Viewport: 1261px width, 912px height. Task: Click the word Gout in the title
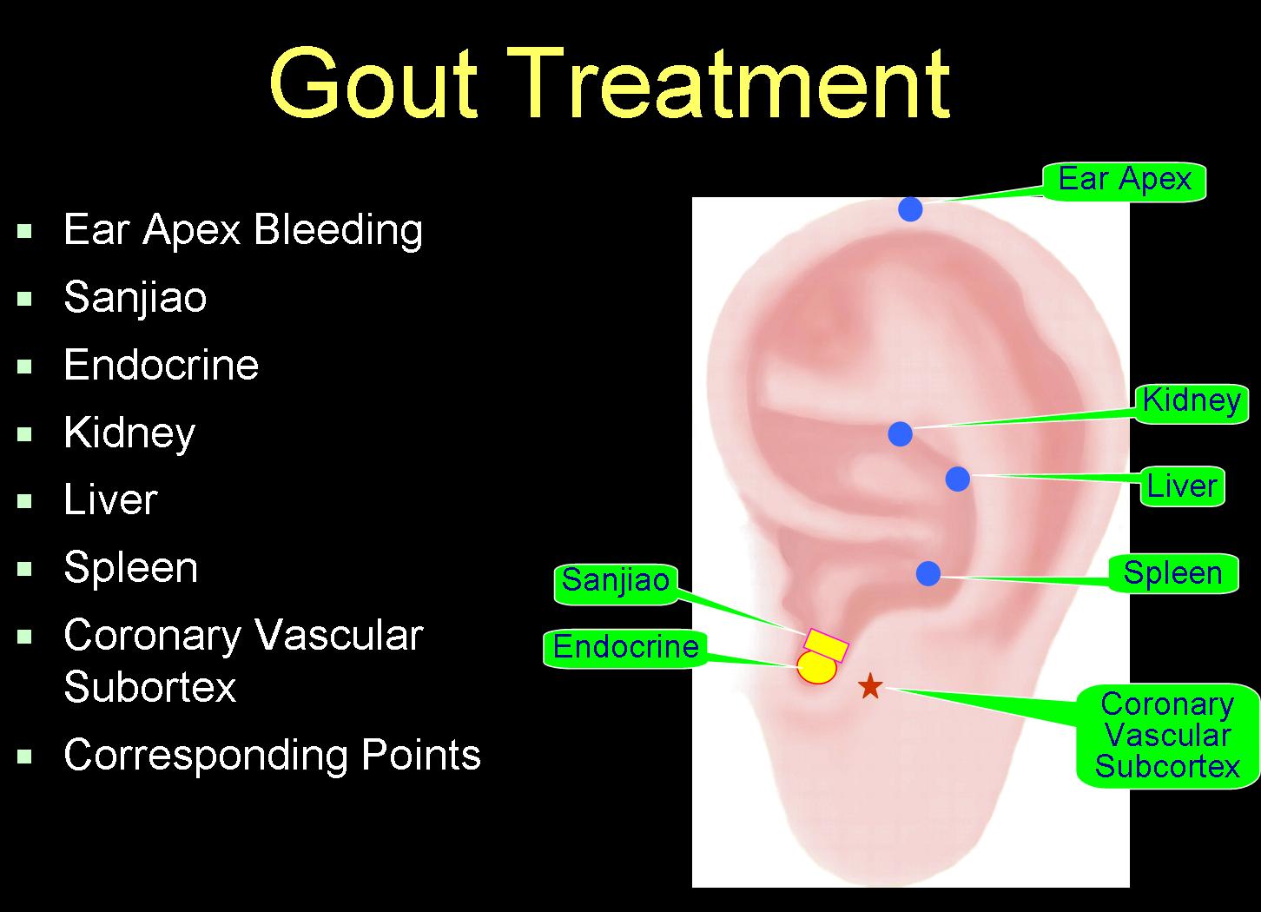click(x=373, y=83)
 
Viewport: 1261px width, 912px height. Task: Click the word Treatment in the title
click(x=729, y=83)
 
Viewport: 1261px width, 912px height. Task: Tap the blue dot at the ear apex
click(x=910, y=209)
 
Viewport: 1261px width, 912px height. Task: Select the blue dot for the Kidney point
click(x=900, y=434)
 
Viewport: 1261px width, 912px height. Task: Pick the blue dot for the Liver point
click(x=958, y=479)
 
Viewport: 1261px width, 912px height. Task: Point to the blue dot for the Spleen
click(x=928, y=573)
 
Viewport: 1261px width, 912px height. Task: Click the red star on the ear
click(x=870, y=685)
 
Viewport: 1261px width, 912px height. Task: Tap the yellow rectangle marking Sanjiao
click(x=827, y=645)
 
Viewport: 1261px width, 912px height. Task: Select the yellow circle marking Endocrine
click(x=817, y=668)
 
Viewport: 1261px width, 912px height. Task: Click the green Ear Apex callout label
click(x=1125, y=181)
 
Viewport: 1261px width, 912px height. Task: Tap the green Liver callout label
click(x=1182, y=486)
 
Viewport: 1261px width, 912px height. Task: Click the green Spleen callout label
click(x=1173, y=573)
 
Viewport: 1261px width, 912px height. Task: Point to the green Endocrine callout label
click(x=625, y=648)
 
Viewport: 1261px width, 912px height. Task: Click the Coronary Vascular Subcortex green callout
click(x=1167, y=735)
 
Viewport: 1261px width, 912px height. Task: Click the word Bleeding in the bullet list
click(x=339, y=230)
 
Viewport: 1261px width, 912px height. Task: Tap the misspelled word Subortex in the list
click(x=150, y=687)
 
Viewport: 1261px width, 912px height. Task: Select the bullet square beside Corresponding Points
click(x=24, y=756)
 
